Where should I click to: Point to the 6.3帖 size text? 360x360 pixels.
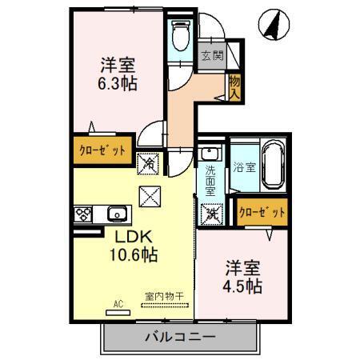pyautogui.click(x=116, y=82)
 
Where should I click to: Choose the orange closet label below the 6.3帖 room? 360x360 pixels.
pyautogui.click(x=102, y=150)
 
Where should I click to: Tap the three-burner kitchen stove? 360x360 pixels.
pyautogui.click(x=84, y=214)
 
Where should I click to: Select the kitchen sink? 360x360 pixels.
pyautogui.click(x=117, y=214)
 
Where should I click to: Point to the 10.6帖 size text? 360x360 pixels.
pyautogui.click(x=132, y=256)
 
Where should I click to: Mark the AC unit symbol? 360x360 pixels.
pyautogui.click(x=118, y=307)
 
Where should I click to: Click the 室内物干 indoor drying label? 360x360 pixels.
pyautogui.click(x=164, y=296)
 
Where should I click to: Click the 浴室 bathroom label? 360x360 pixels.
pyautogui.click(x=243, y=169)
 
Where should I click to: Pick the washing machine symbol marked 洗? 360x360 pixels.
pyautogui.click(x=211, y=213)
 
